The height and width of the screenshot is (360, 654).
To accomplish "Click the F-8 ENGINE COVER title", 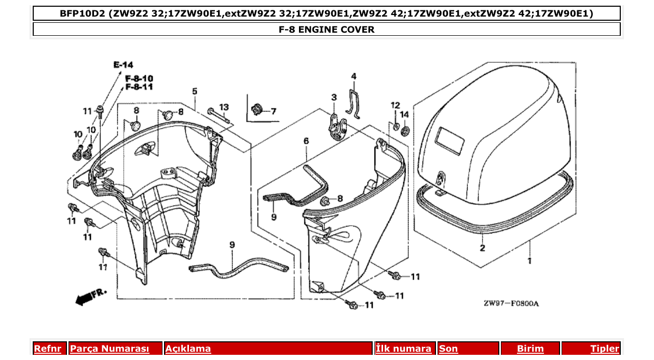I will pos(326,30).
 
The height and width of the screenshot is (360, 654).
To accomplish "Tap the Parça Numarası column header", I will pos(110,349).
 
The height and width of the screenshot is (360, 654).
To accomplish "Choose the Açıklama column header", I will pos(188,349).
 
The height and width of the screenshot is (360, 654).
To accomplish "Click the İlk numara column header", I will pos(403,349).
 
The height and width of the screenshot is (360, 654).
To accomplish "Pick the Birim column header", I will pos(530,349).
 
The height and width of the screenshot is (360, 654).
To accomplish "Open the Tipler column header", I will pos(605,349).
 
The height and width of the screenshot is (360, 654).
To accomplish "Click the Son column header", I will pos(448,349).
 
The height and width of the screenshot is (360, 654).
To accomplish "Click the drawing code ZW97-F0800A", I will pos(511,303).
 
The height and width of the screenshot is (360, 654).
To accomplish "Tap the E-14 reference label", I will pos(123,65).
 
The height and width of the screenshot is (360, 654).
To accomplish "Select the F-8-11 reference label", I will pos(139,87).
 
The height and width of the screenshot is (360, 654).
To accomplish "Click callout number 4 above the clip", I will pos(353,77).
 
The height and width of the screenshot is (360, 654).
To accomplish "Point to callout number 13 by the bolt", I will pos(224,107).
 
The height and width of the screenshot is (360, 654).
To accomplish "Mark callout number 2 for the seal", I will pos(482,248).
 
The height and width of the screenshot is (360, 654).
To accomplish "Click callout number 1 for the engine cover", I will pos(529,261).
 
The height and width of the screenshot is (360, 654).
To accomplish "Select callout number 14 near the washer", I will pos(405,114).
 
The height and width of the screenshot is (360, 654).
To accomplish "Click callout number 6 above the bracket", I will pos(306,141).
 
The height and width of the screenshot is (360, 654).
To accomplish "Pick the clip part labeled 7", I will pos(255,110).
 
